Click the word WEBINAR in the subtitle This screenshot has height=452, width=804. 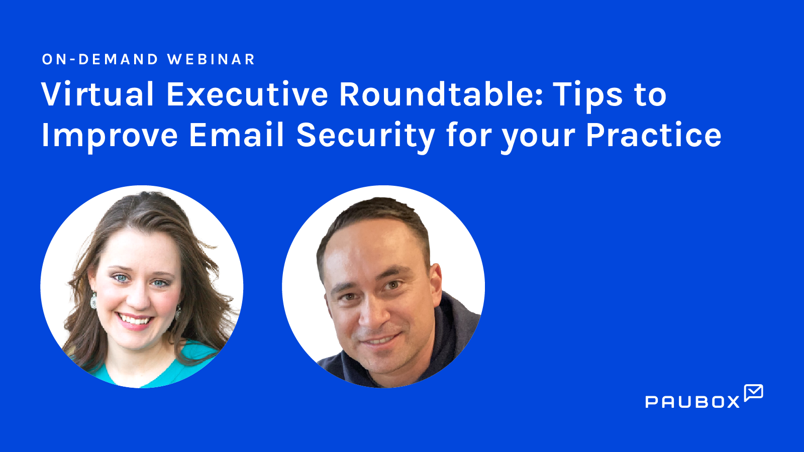(x=211, y=59)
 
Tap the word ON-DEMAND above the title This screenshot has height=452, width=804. (x=100, y=59)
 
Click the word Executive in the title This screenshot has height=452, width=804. (x=247, y=94)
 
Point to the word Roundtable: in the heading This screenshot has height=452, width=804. (x=441, y=94)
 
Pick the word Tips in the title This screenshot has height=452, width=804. (x=588, y=95)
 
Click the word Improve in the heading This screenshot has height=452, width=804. (x=110, y=136)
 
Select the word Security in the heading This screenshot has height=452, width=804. (x=365, y=136)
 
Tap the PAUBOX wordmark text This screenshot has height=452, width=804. (x=692, y=402)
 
